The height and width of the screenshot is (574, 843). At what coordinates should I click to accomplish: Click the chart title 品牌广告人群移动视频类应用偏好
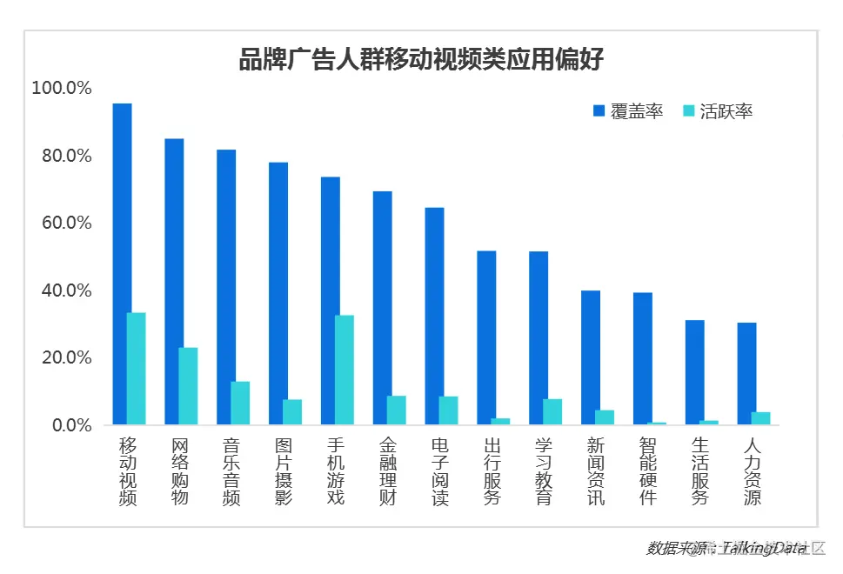421,59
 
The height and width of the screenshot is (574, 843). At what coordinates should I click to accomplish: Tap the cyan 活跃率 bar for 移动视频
137,369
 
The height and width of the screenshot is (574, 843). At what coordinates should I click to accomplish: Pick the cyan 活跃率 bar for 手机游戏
345,370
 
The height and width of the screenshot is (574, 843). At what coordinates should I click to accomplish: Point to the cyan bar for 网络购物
188,386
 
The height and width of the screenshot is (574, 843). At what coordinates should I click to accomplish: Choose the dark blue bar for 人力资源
746,374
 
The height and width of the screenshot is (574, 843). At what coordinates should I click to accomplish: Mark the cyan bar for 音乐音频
240,403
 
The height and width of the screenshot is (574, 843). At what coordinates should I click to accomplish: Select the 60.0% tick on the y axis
64,223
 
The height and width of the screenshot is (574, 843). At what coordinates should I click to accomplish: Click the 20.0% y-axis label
64,357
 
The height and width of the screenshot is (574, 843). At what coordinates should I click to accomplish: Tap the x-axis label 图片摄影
284,471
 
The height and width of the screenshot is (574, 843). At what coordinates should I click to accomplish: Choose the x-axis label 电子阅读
440,471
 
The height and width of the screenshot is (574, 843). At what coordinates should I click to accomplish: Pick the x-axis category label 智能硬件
648,471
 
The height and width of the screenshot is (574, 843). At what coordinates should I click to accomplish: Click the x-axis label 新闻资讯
596,471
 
